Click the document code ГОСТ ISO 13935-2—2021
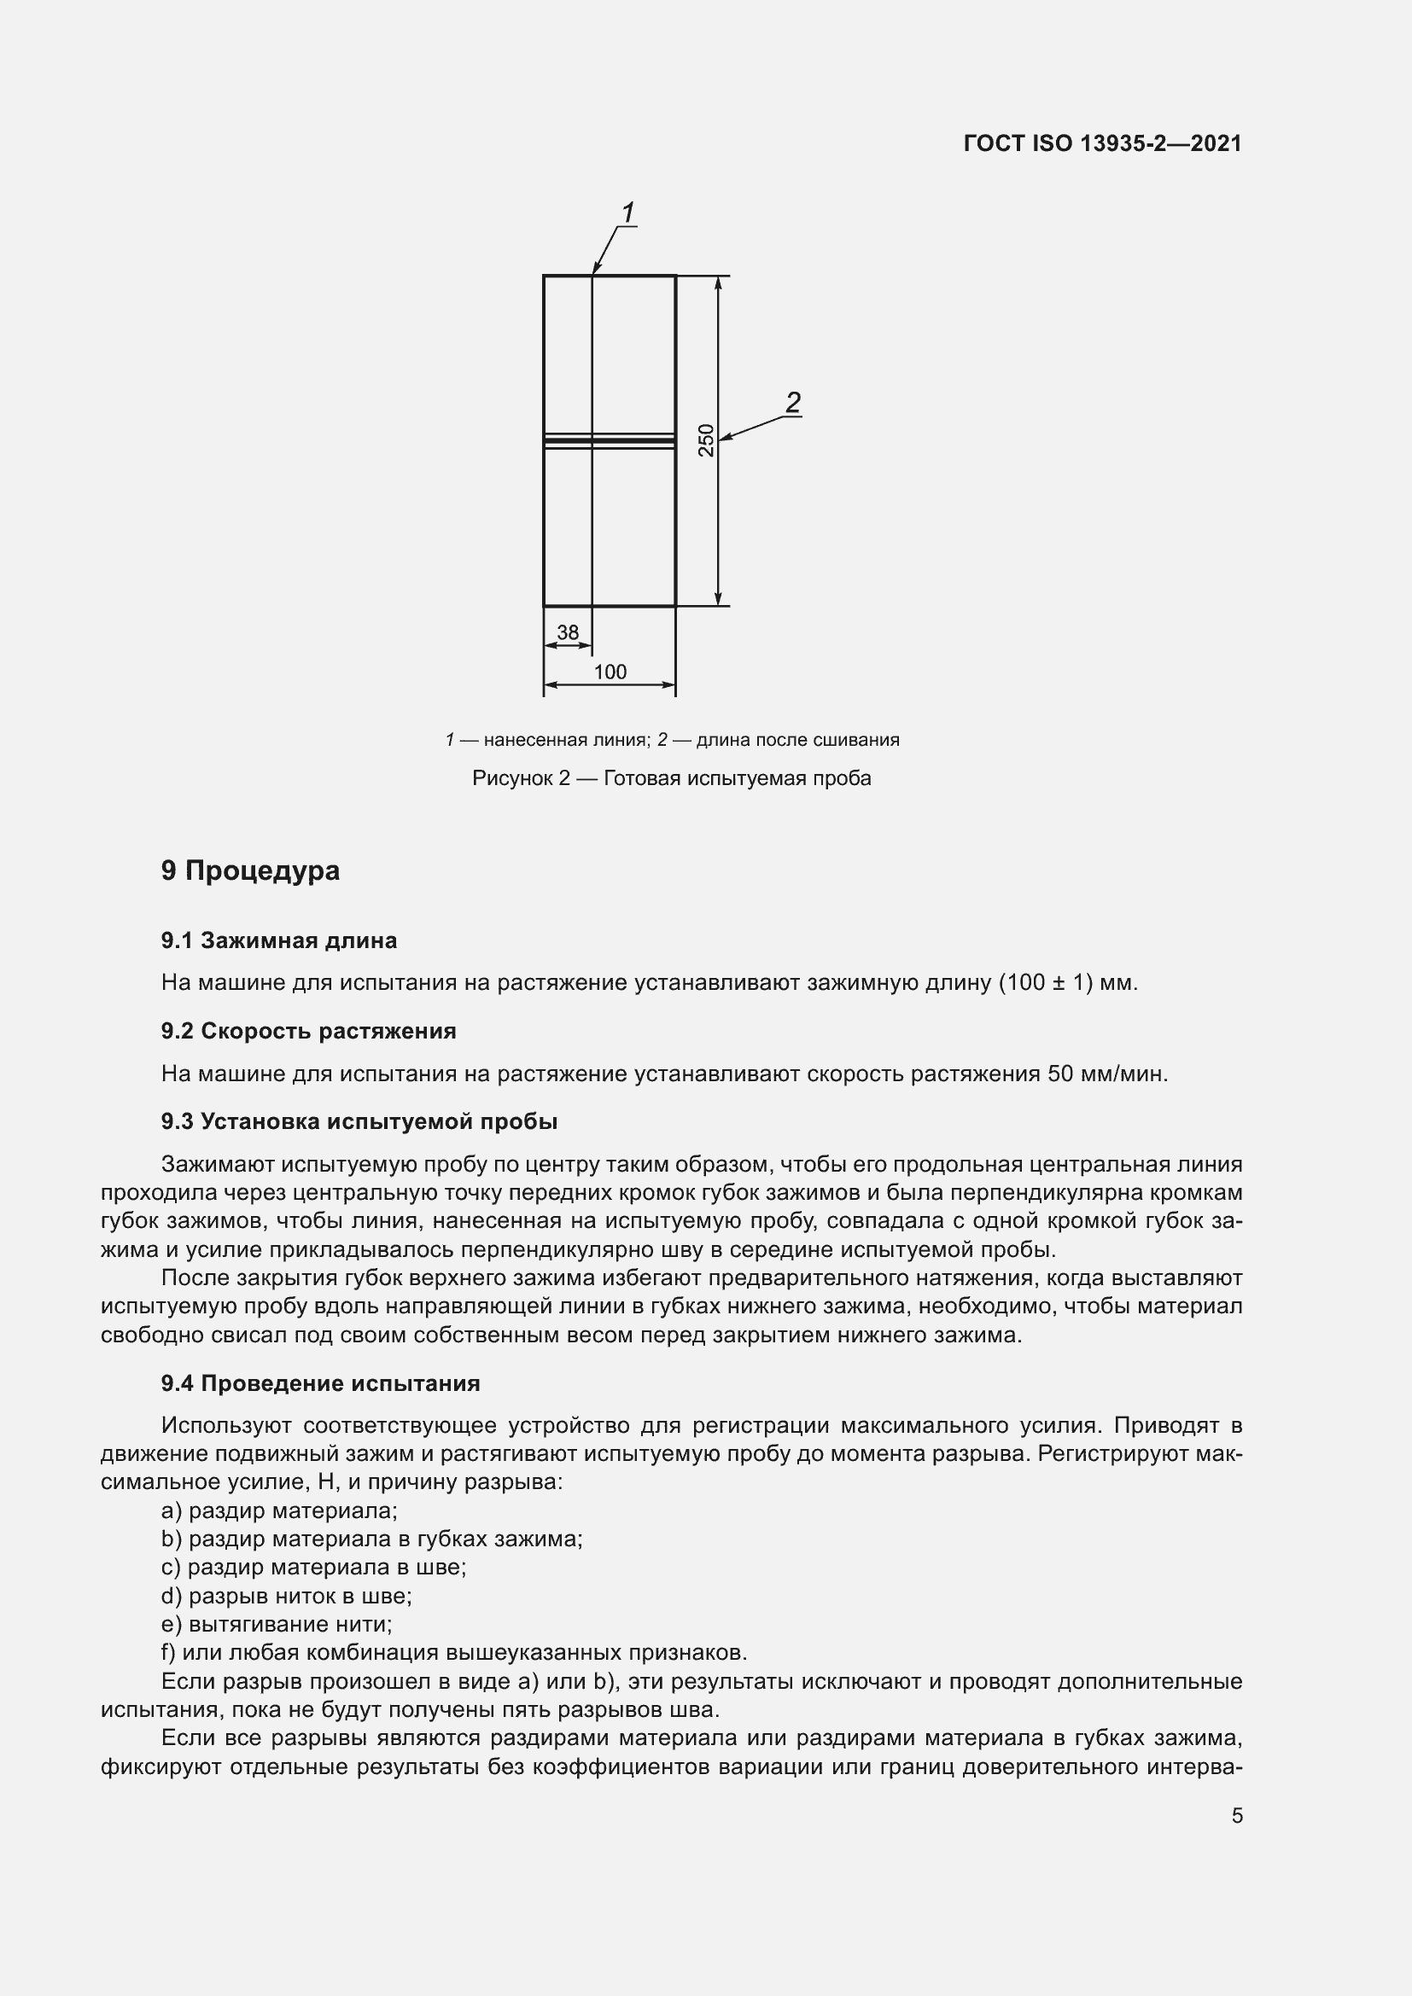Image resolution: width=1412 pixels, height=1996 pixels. [x=1101, y=143]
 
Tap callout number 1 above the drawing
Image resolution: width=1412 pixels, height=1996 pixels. [x=627, y=212]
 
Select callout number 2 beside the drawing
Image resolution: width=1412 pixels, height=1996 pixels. [x=792, y=403]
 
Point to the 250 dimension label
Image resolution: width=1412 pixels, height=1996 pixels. [x=706, y=439]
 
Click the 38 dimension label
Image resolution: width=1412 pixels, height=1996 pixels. [x=567, y=632]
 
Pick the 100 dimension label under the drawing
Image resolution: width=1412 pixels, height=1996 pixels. [x=610, y=672]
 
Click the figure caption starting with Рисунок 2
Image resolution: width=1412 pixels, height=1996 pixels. [x=671, y=778]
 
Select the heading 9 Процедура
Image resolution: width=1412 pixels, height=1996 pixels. [x=250, y=870]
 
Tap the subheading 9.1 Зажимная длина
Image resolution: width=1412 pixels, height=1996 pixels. [x=278, y=940]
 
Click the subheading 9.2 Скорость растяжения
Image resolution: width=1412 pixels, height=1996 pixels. [x=308, y=1031]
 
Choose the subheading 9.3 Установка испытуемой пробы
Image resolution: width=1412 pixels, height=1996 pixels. [x=359, y=1121]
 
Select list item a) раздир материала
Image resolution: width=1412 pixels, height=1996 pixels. [x=279, y=1511]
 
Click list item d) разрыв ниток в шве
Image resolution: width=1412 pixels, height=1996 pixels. [x=286, y=1596]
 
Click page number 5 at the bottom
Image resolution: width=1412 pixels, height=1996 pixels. [x=1236, y=1816]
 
